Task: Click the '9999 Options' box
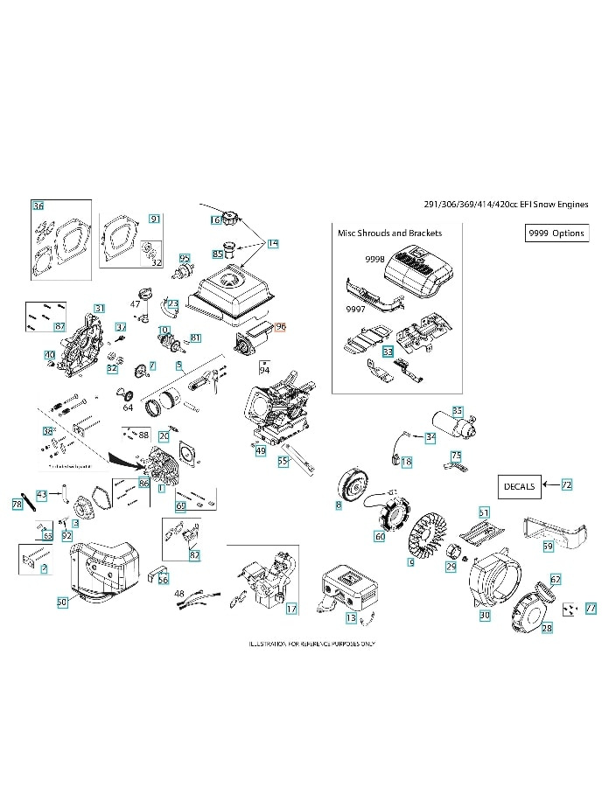(556, 233)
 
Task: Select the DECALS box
(520, 484)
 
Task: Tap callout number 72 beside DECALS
(567, 484)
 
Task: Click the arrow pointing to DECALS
(550, 484)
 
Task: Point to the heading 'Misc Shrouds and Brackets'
(389, 233)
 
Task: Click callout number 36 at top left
(38, 205)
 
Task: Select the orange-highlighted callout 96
(280, 326)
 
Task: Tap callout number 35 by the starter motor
(457, 410)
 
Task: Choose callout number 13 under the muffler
(351, 618)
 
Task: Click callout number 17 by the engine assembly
(291, 608)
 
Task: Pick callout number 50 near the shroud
(62, 602)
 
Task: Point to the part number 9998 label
(374, 261)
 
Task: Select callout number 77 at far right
(591, 608)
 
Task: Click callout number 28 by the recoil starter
(547, 629)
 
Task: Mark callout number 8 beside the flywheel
(339, 505)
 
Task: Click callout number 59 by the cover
(548, 546)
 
